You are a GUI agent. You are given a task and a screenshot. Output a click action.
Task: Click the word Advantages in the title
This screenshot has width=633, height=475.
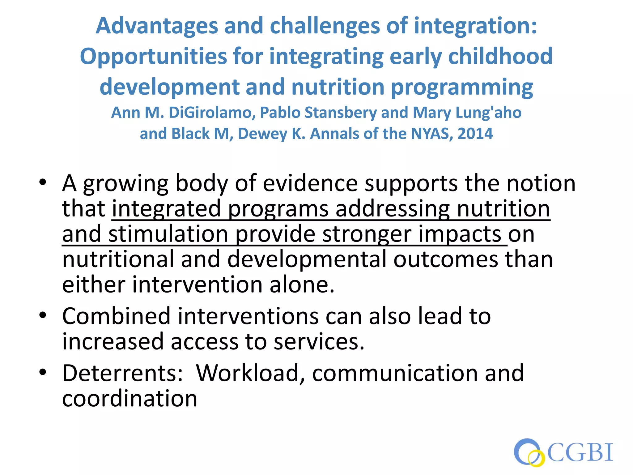(x=157, y=26)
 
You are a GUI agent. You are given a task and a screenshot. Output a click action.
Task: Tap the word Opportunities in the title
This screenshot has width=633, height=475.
(x=153, y=57)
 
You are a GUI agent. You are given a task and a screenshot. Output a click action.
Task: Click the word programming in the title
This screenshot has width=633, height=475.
(x=462, y=87)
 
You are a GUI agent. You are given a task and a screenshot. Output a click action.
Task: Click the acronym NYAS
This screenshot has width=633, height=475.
(x=431, y=134)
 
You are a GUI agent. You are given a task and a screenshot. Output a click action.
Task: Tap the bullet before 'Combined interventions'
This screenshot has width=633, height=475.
(x=43, y=315)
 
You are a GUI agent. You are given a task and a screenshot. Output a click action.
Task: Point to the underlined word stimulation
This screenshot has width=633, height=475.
(x=168, y=234)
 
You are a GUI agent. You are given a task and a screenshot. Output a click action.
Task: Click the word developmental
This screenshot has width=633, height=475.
(x=307, y=259)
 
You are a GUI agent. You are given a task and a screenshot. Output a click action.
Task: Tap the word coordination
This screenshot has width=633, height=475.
(x=130, y=399)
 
